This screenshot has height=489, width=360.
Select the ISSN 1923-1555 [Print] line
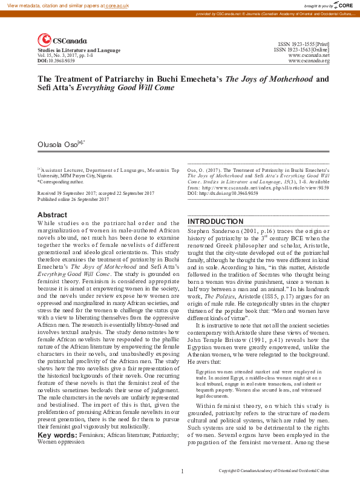click(x=304, y=45)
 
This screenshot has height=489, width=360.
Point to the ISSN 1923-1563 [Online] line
click(x=301, y=50)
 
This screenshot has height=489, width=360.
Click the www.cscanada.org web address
click(x=309, y=61)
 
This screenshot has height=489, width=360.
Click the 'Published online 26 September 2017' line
click(x=73, y=199)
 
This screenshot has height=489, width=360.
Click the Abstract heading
click(x=53, y=215)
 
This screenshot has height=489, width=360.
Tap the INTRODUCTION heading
click(x=215, y=222)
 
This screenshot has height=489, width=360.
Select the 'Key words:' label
click(x=57, y=435)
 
